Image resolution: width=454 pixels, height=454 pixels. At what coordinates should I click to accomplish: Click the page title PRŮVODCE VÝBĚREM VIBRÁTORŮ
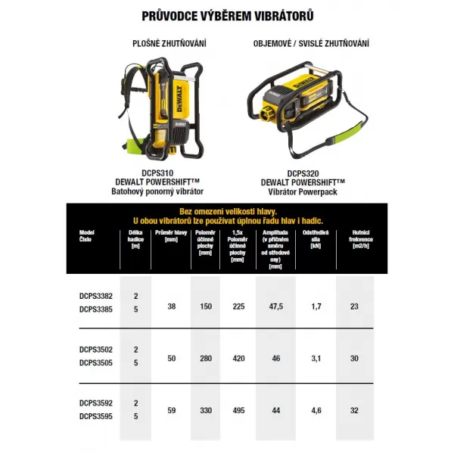pyautogui.click(x=227, y=15)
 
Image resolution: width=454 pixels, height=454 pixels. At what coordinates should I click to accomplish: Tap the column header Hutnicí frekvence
pyautogui.click(x=354, y=237)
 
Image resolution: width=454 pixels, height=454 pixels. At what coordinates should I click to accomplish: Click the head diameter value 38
pyautogui.click(x=171, y=306)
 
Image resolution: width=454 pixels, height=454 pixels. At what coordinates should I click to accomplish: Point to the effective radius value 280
pyautogui.click(x=205, y=356)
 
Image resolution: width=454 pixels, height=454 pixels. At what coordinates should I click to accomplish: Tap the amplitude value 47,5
pyautogui.click(x=275, y=306)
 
